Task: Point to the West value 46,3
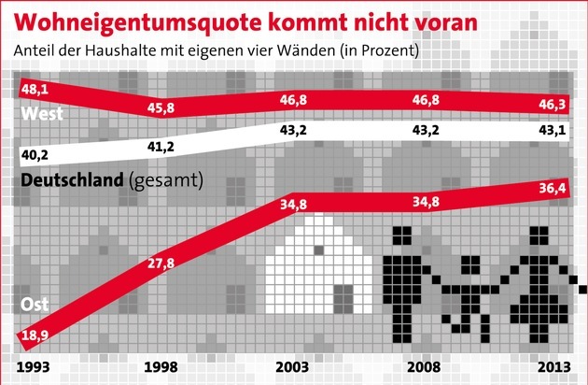tap(542, 96)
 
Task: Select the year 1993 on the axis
tap(34, 366)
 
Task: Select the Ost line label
tap(34, 305)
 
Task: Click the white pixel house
tap(319, 271)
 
